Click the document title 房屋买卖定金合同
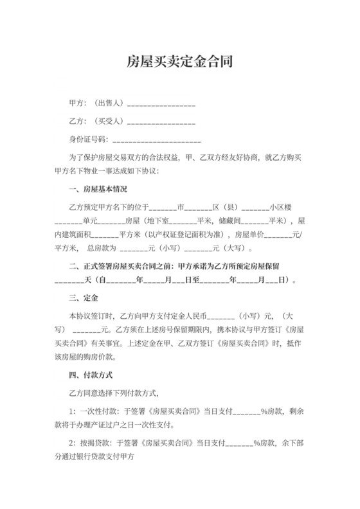pos(179,62)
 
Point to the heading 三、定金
pos(83,298)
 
